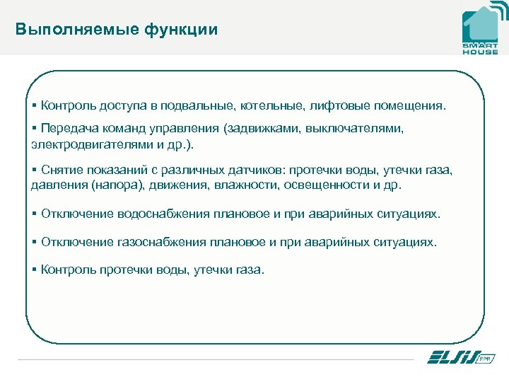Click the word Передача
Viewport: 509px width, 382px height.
coord(69,129)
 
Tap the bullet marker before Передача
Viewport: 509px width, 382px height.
coord(35,129)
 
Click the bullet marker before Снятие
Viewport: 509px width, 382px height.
coord(35,170)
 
